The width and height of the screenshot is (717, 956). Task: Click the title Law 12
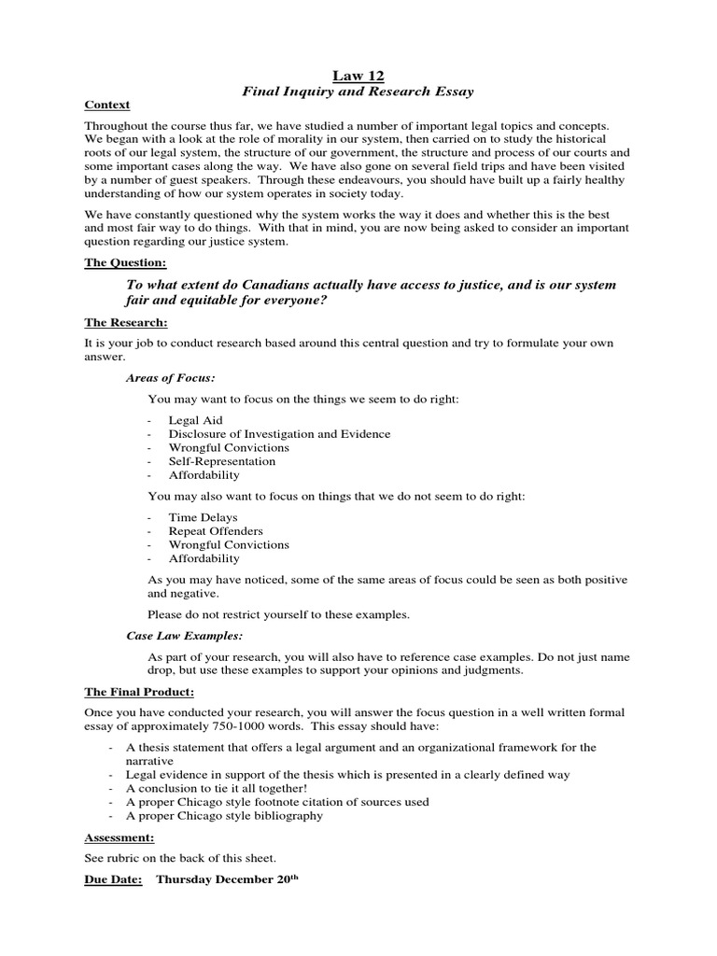click(358, 76)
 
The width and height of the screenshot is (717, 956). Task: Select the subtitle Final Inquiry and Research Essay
click(358, 91)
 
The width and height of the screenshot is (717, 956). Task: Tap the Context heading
click(107, 105)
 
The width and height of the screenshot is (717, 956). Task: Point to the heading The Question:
click(125, 263)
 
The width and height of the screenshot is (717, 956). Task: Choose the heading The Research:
click(126, 322)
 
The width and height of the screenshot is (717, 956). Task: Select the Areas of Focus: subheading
click(171, 378)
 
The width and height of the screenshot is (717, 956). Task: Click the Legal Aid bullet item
click(195, 420)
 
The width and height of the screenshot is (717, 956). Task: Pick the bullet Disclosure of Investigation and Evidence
click(279, 434)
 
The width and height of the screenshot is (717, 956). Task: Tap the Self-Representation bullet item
click(221, 461)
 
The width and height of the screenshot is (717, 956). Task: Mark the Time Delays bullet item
click(203, 517)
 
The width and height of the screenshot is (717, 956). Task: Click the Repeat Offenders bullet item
click(216, 531)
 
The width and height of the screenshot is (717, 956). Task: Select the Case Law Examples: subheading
click(185, 635)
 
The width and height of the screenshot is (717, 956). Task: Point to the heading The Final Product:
click(139, 692)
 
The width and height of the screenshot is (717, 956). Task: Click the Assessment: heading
click(119, 837)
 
